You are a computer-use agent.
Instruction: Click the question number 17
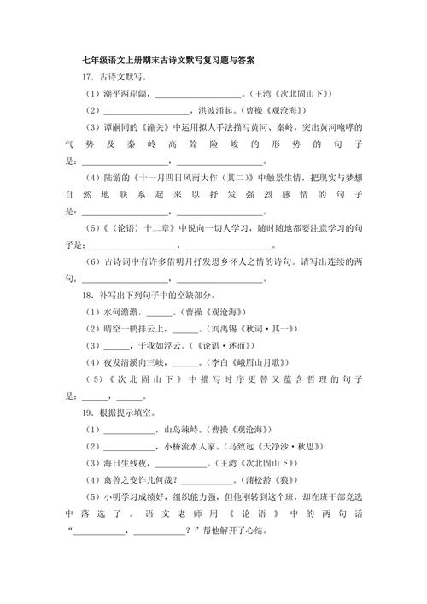(x=78, y=78)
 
